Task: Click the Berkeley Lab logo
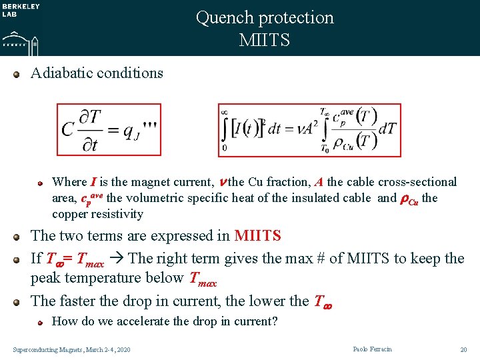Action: pos(21,27)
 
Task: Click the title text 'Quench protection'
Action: pos(265,18)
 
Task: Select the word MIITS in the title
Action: pos(265,40)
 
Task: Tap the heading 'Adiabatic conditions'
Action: pos(97,73)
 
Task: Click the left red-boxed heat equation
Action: pos(109,129)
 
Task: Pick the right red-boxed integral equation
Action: pos(309,130)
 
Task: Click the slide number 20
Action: pos(463,349)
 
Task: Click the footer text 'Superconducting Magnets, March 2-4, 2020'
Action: pos(72,350)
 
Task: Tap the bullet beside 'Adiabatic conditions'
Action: pos(18,73)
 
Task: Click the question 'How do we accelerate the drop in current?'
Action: pos(165,321)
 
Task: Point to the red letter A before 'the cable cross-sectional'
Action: pos(320,182)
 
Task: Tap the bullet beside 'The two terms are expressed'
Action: pos(18,236)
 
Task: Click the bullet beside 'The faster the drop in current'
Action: pos(18,301)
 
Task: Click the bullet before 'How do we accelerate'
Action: pos(40,321)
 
